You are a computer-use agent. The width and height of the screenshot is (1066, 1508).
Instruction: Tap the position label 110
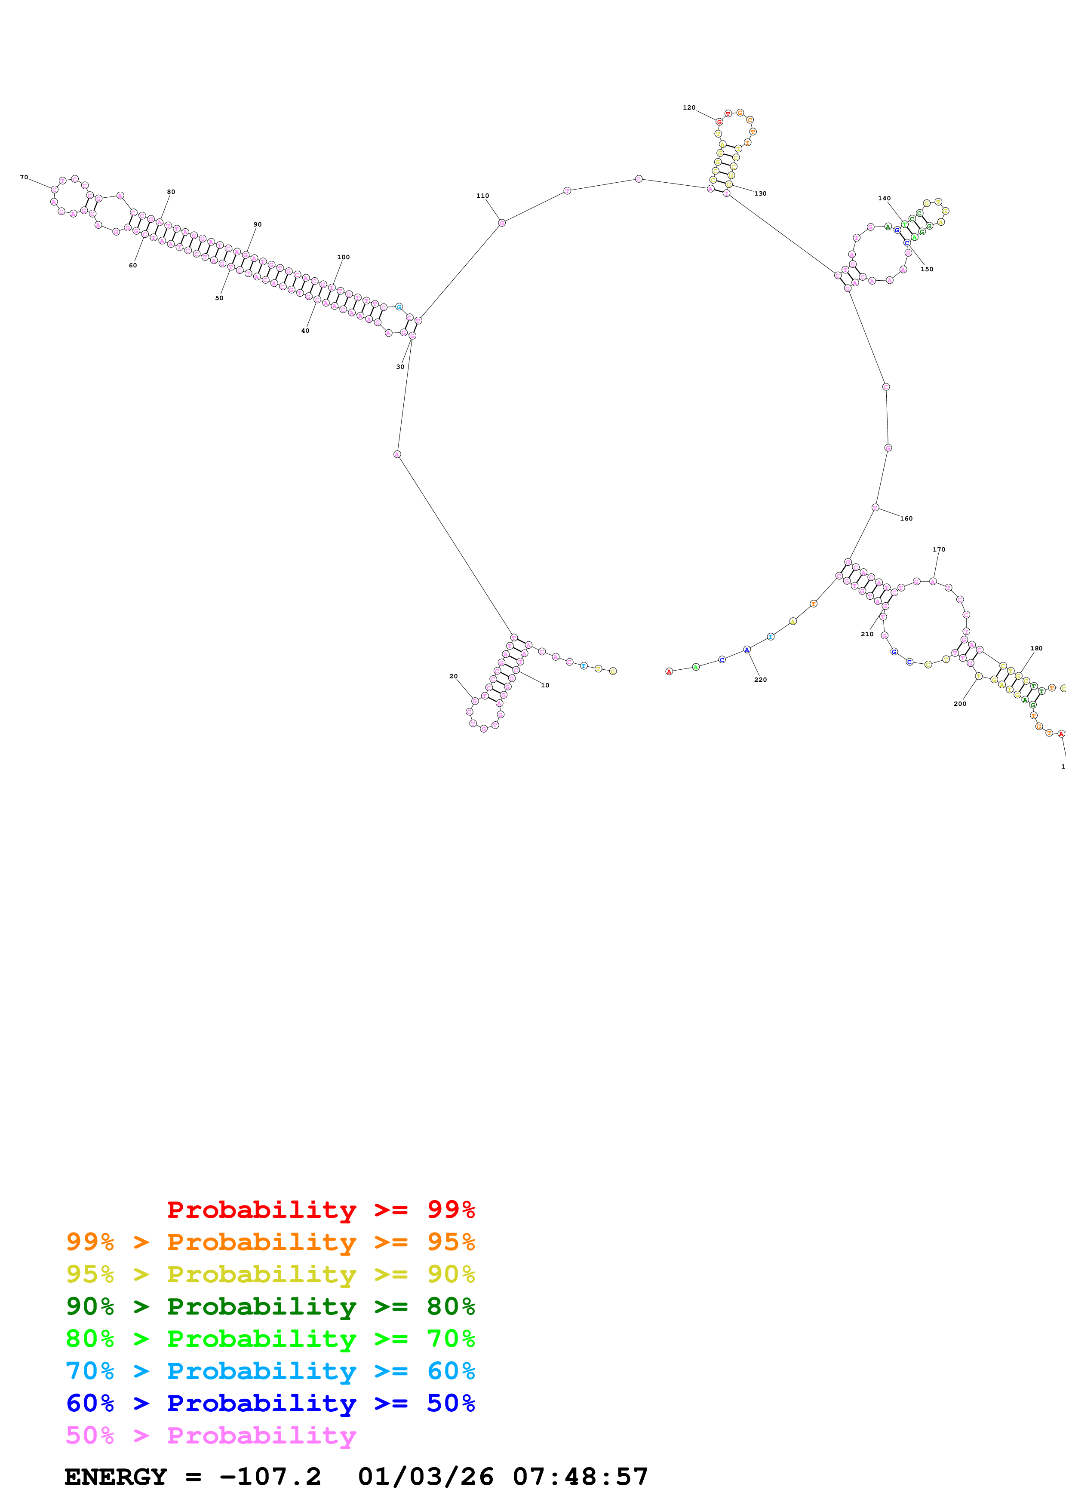pos(483,196)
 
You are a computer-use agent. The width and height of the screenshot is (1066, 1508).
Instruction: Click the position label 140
pos(885,198)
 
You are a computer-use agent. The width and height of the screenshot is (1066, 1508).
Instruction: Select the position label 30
pos(400,367)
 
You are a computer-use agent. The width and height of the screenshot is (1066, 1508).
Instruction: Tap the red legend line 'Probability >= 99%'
pos(320,1209)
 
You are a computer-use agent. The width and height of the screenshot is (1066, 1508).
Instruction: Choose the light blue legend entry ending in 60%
pos(270,1371)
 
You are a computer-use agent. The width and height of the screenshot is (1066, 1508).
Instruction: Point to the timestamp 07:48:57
pos(580,1477)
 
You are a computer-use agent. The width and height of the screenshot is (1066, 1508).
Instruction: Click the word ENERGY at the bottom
pos(116,1477)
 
